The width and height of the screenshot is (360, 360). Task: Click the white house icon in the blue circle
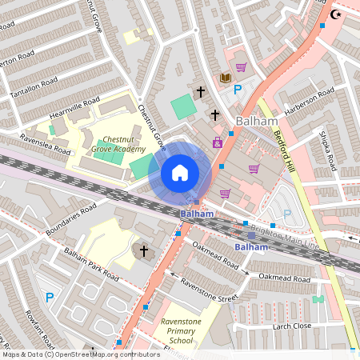click(x=180, y=173)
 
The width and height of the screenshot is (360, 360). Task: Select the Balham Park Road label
click(x=91, y=265)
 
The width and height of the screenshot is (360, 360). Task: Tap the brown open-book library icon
click(x=226, y=77)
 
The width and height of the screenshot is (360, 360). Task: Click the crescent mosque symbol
click(x=334, y=14)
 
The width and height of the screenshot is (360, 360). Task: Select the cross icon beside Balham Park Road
click(x=144, y=251)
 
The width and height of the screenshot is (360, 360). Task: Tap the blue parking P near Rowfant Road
click(x=50, y=298)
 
